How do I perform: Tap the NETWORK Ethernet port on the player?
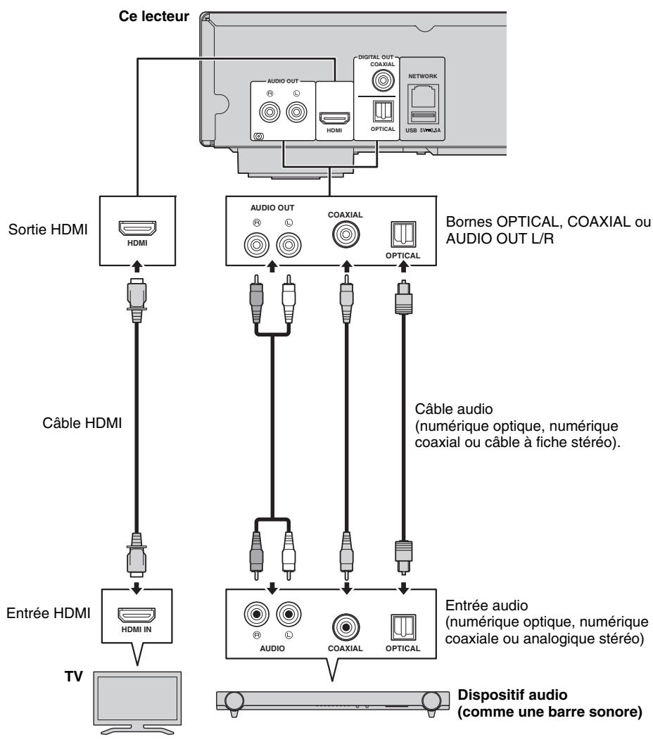[x=421, y=96]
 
